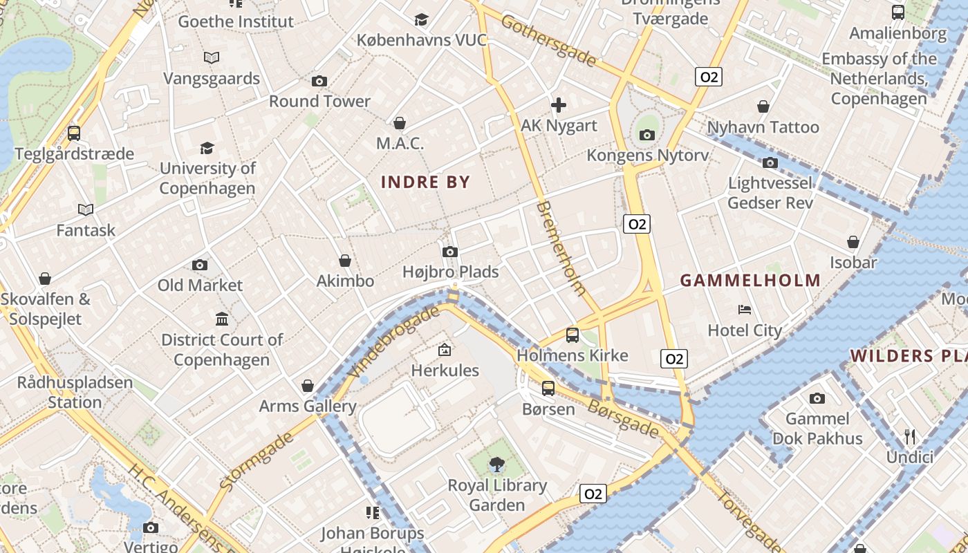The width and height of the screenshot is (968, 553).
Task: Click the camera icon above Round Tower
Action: click(319, 81)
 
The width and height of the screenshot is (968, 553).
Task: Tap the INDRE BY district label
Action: click(425, 182)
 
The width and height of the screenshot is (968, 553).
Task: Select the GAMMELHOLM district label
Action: click(750, 281)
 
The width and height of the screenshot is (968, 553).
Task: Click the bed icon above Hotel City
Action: click(745, 309)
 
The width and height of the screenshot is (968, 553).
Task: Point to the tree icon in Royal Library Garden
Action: click(496, 465)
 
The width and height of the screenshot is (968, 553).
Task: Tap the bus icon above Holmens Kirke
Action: click(572, 335)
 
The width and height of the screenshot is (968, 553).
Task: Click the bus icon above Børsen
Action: click(548, 388)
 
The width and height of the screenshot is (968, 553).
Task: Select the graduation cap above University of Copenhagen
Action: click(207, 148)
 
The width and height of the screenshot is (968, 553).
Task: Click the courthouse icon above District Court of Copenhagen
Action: click(222, 319)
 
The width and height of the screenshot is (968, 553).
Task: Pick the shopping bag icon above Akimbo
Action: click(345, 261)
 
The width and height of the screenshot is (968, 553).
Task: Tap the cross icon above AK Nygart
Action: click(559, 105)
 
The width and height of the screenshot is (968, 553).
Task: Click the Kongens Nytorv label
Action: click(647, 156)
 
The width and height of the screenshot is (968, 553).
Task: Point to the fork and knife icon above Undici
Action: click(910, 436)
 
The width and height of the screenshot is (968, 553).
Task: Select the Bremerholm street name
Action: click(561, 249)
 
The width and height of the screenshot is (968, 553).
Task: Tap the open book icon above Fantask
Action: click(86, 209)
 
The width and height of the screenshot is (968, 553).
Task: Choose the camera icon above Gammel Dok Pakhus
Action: click(817, 398)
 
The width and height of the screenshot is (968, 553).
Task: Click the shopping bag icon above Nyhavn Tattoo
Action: click(763, 106)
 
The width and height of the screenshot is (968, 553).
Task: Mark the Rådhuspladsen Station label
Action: click(75, 392)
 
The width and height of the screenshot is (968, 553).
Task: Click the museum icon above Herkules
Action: click(445, 350)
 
